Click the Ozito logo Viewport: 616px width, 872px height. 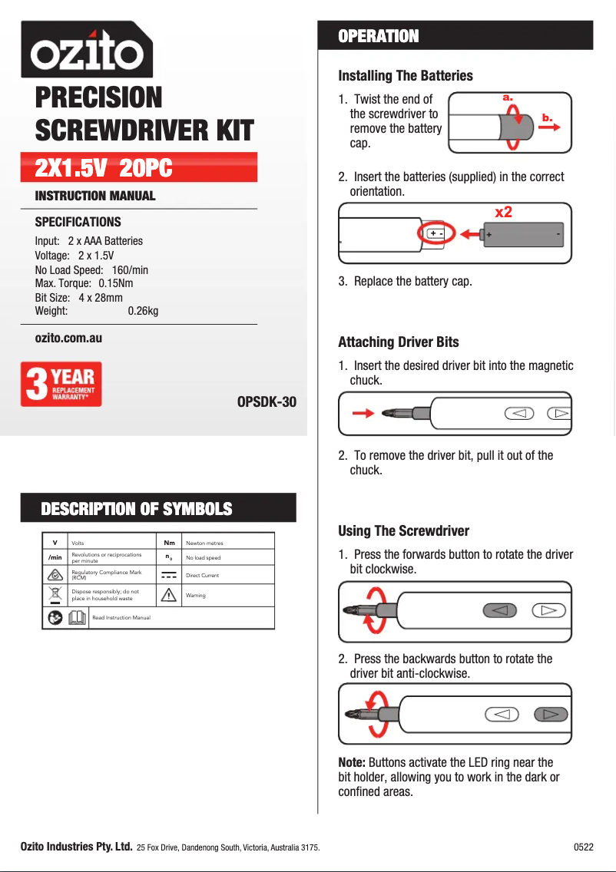86,51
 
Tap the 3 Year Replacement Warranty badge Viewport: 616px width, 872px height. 61,385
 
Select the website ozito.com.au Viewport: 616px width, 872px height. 68,338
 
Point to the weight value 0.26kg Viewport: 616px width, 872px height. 143,311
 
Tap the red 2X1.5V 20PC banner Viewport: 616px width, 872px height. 138,167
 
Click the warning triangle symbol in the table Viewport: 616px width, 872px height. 168,595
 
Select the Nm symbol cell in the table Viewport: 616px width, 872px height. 168,543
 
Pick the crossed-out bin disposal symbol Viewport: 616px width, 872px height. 55,595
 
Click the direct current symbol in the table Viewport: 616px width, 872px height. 169,575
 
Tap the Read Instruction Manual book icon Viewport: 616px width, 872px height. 77,617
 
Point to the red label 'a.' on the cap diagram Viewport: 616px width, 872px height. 507,97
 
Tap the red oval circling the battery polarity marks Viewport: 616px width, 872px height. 436,233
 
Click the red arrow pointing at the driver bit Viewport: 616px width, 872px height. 362,414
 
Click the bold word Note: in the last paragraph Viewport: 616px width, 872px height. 352,762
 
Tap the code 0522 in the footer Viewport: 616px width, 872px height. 583,847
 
